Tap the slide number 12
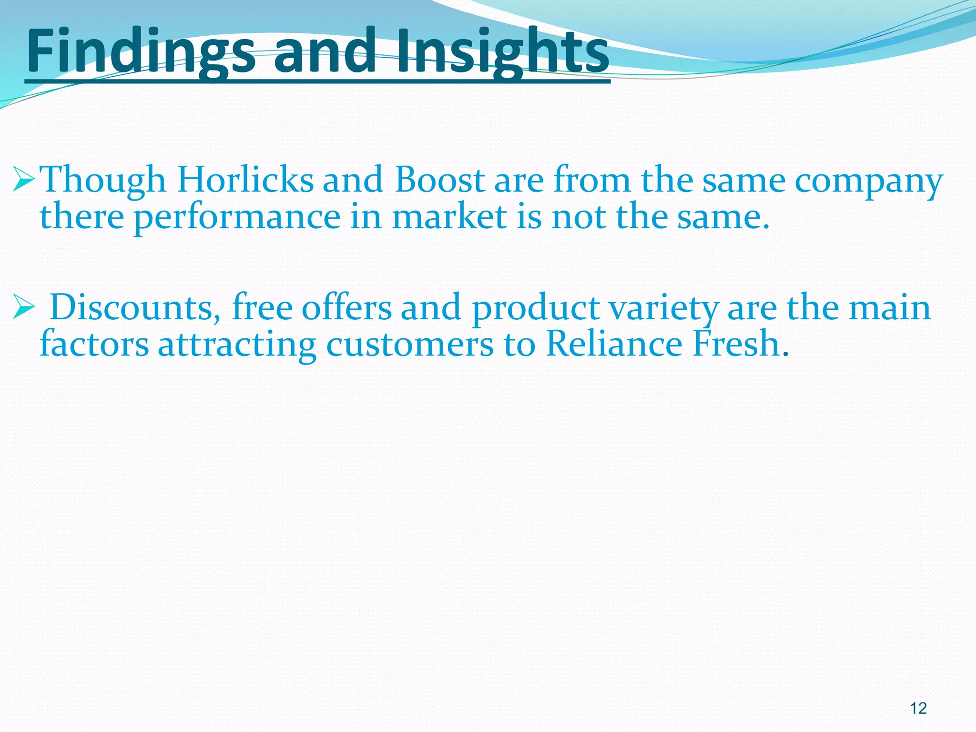tap(918, 708)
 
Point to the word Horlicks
tap(245, 180)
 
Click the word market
tap(450, 216)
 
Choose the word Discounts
tap(132, 307)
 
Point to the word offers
tap(346, 307)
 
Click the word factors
tap(94, 344)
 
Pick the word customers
tap(410, 344)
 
